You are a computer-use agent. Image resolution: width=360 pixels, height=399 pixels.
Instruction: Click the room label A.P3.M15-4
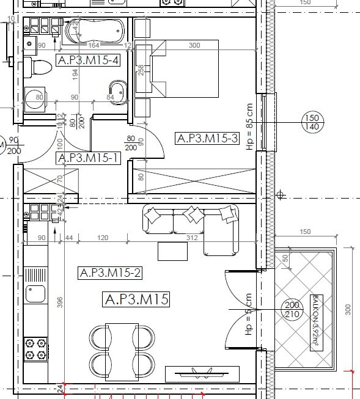[x=87, y=60]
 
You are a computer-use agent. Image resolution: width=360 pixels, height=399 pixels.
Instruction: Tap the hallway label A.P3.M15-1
[x=87, y=158]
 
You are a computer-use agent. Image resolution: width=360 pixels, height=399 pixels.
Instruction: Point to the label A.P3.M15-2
[x=110, y=273]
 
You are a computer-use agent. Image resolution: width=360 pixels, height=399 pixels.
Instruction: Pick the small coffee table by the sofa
[x=172, y=251]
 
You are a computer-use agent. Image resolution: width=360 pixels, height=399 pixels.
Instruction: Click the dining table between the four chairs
[x=122, y=346]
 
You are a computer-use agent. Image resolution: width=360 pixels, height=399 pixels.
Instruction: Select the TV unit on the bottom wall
[x=202, y=373]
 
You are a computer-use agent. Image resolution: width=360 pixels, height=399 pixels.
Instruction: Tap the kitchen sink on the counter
[x=35, y=294]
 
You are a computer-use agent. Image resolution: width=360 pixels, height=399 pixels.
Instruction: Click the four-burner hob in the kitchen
[x=35, y=348]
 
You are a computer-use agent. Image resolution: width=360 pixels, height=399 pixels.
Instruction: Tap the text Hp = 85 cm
[x=249, y=126]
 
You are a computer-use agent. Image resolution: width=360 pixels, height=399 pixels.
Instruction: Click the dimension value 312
[x=191, y=237]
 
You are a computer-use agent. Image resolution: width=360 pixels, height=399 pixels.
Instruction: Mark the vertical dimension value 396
[x=60, y=306]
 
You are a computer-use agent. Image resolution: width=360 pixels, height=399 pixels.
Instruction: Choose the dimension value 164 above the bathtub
[x=94, y=45]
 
